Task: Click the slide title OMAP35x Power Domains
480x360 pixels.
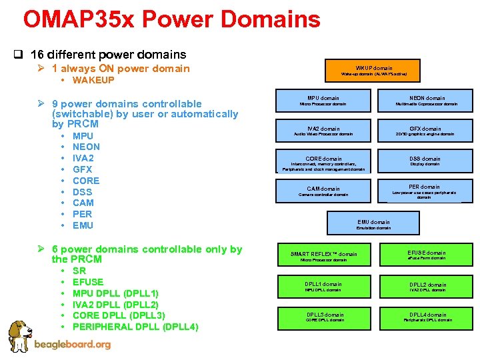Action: pyautogui.click(x=171, y=19)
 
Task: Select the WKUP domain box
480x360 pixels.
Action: pyautogui.click(x=373, y=70)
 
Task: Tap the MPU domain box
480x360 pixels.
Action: pyautogui.click(x=323, y=101)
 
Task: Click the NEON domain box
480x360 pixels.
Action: pyautogui.click(x=426, y=101)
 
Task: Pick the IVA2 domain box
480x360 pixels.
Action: pyautogui.click(x=323, y=131)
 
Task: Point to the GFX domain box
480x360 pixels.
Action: pyautogui.click(x=426, y=131)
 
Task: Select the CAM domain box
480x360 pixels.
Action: pyautogui.click(x=323, y=191)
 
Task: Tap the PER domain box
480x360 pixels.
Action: pyautogui.click(x=425, y=191)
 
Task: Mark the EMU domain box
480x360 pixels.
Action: pyautogui.click(x=373, y=225)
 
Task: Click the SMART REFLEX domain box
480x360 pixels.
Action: pyautogui.click(x=323, y=256)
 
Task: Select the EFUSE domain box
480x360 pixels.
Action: pyautogui.click(x=427, y=255)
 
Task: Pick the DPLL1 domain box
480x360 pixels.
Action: pyautogui.click(x=323, y=287)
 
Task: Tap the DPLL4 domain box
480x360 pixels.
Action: pyautogui.click(x=427, y=317)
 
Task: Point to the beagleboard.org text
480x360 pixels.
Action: pyautogui.click(x=72, y=345)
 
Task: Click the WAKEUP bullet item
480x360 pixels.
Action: pyautogui.click(x=93, y=80)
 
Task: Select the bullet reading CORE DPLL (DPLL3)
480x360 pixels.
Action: pyautogui.click(x=118, y=315)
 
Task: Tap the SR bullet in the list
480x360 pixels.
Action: pyautogui.click(x=79, y=271)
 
